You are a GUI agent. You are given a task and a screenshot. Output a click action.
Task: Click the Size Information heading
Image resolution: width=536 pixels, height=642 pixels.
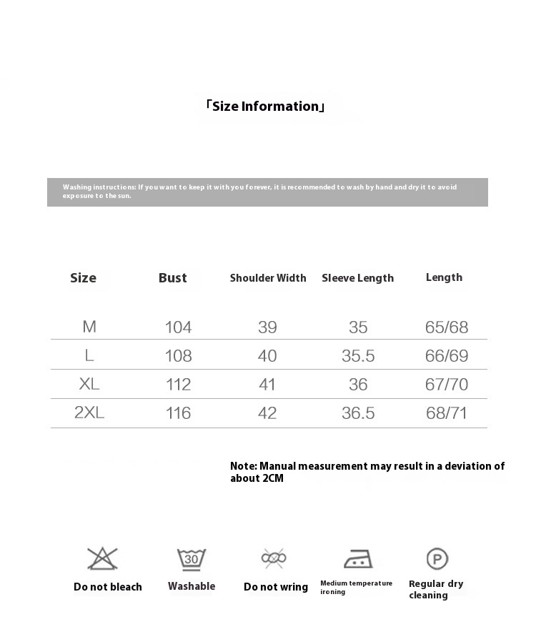[265, 107]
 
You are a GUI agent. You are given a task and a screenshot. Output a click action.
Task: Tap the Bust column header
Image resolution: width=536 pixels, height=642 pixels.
[172, 278]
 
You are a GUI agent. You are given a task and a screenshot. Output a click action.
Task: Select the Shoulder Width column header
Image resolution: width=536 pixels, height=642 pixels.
[268, 278]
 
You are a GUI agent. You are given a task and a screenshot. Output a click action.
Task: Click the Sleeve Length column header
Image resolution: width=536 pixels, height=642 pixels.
[357, 278]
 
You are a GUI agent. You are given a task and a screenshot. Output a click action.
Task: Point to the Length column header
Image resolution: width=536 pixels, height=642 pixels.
[444, 277]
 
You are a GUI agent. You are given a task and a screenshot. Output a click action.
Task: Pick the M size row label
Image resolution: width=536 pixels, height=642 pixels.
[89, 327]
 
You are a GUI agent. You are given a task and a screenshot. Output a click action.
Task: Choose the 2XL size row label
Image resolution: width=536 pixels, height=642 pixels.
[89, 413]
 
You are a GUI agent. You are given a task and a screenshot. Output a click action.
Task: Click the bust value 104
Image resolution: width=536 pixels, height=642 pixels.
[178, 327]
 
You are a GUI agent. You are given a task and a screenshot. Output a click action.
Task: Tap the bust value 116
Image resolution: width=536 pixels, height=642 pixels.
[178, 413]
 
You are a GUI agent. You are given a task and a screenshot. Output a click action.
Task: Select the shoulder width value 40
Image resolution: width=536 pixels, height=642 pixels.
[267, 356]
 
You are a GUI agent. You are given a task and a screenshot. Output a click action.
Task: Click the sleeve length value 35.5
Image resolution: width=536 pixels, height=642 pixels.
[358, 356]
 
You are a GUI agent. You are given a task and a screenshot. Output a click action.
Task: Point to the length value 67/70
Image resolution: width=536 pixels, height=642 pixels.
[447, 385]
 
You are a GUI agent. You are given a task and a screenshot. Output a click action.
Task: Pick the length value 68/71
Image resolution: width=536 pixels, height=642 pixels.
[447, 413]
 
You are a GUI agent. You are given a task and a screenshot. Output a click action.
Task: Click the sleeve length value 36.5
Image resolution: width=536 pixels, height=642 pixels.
[358, 413]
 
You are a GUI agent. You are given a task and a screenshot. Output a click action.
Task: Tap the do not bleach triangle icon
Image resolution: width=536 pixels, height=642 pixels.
[102, 558]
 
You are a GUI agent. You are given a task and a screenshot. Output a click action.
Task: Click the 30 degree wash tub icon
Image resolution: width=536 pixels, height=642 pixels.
[192, 558]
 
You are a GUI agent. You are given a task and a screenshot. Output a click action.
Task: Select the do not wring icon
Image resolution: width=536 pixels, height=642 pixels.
[274, 558]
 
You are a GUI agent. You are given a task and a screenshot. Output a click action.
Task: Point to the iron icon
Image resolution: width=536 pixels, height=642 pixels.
[357, 558]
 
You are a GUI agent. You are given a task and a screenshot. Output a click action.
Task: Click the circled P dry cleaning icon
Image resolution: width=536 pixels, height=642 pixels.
[437, 558]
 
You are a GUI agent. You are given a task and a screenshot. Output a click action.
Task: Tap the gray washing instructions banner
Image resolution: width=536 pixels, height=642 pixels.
[267, 192]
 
